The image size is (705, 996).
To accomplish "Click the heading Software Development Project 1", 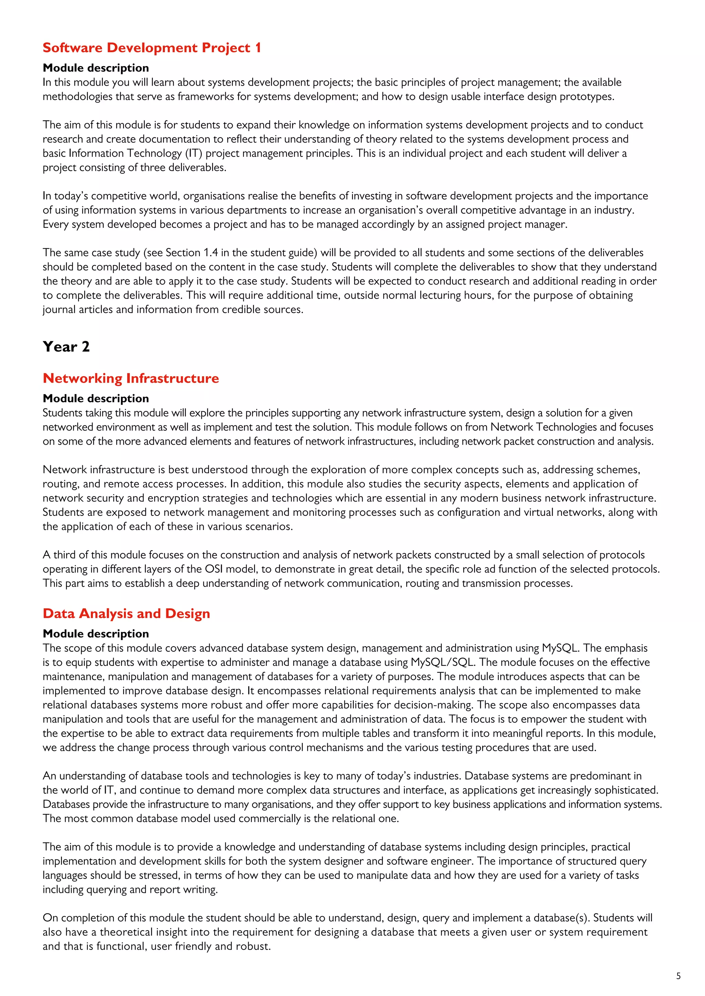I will pyautogui.click(x=152, y=48).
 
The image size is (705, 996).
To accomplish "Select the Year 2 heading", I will pyautogui.click(x=66, y=347).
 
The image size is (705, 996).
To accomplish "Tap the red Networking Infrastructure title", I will pyautogui.click(x=131, y=378).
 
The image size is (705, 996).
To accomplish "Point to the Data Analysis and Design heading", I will pyautogui.click(x=126, y=614).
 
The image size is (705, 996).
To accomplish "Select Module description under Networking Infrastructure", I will pyautogui.click(x=95, y=398).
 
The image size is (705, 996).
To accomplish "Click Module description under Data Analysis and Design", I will pyautogui.click(x=95, y=634).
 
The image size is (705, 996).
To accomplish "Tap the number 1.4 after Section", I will pyautogui.click(x=211, y=252).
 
